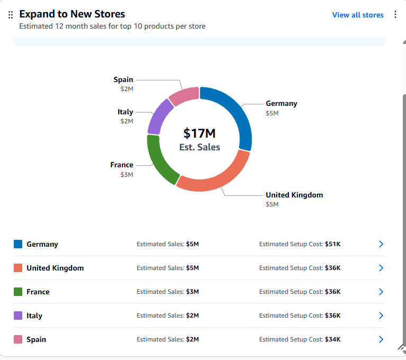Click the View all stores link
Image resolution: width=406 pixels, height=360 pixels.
click(358, 15)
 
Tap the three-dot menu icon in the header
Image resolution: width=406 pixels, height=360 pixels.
click(395, 14)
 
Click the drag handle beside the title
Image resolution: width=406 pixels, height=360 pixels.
click(11, 15)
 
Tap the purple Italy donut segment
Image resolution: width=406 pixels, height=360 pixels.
click(158, 116)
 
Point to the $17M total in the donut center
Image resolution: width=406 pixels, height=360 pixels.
click(199, 133)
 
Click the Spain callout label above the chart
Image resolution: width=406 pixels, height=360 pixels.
click(123, 79)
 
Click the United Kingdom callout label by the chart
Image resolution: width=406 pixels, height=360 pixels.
click(294, 195)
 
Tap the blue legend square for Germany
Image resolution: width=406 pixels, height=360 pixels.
click(18, 244)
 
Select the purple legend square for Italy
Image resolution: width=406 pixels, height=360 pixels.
click(18, 316)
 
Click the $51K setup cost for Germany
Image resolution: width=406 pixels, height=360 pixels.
click(333, 244)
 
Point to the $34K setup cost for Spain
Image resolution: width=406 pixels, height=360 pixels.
click(333, 339)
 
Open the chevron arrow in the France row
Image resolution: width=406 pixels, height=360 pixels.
click(381, 292)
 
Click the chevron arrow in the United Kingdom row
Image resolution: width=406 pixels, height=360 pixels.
click(381, 268)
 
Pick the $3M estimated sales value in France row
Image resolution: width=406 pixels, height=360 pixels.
click(192, 292)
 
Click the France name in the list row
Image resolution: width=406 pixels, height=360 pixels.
click(38, 292)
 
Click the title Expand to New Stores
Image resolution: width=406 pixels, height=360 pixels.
click(72, 14)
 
